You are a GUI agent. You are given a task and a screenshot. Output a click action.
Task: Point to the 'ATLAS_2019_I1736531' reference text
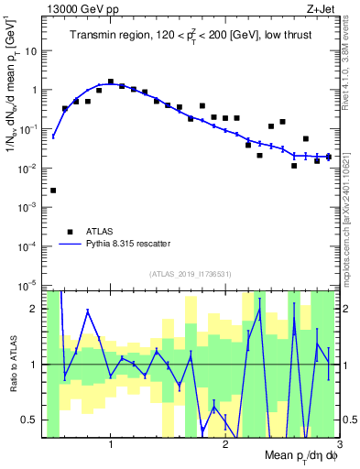tap(191, 274)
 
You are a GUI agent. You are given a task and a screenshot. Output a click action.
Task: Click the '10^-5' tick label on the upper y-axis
tap(30, 286)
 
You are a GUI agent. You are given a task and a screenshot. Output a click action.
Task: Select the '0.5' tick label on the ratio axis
tap(35, 420)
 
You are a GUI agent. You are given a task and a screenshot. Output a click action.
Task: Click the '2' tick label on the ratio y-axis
tap(38, 309)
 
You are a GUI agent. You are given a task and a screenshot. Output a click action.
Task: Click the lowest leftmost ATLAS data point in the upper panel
tap(53, 191)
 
